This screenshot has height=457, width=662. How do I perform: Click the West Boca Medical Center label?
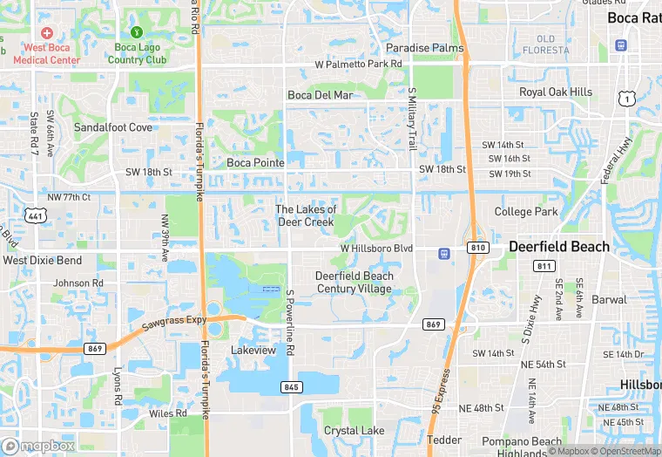[x=51, y=54]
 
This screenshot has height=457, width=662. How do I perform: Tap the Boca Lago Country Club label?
[x=137, y=54]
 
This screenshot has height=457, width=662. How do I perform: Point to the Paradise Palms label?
[x=425, y=47]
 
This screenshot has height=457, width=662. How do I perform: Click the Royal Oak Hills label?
[x=556, y=92]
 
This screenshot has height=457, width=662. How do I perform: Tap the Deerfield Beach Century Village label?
[x=355, y=283]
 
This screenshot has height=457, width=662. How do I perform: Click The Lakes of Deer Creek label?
[x=306, y=215]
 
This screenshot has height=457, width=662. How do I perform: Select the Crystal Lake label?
[x=354, y=431]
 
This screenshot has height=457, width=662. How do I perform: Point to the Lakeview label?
[x=253, y=350]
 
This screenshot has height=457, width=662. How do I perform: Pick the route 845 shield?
[x=292, y=386]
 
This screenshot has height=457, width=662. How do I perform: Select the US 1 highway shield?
[x=626, y=100]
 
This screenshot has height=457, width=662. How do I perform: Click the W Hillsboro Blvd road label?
[x=375, y=249]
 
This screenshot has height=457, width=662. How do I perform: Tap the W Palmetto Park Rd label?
[x=358, y=65]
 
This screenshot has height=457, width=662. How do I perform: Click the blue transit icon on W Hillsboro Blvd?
[x=444, y=254]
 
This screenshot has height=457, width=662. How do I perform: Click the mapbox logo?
[x=38, y=446]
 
